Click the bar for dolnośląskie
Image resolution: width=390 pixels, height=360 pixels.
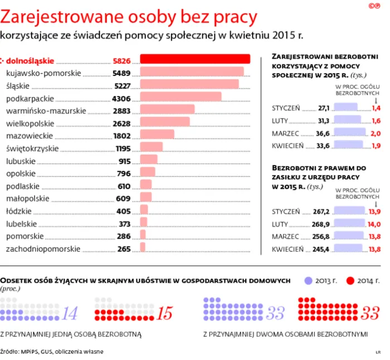(194, 60)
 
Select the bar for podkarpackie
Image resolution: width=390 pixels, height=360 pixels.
(181, 96)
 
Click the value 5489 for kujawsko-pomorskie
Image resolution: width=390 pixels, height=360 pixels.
(121, 73)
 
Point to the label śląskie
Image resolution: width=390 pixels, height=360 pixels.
(18, 86)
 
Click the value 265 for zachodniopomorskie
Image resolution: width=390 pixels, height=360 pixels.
(124, 249)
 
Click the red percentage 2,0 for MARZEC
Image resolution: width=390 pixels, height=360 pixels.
(376, 133)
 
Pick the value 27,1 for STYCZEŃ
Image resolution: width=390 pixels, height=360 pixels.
(324, 108)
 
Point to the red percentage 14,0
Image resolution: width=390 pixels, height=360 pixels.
(374, 224)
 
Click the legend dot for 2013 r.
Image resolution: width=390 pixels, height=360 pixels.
(309, 280)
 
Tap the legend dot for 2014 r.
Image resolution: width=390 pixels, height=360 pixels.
(350, 280)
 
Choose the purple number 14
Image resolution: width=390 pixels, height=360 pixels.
(69, 314)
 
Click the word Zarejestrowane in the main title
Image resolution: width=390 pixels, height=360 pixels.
(65, 16)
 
